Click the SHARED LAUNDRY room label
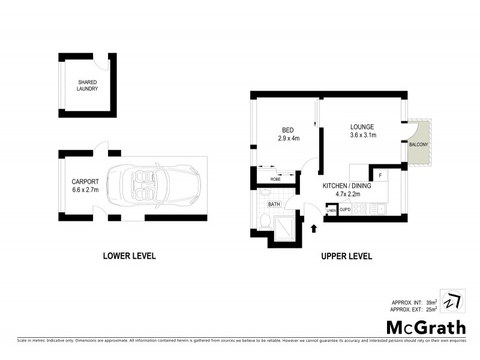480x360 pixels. click(x=88, y=85)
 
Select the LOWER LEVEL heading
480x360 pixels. click(x=129, y=256)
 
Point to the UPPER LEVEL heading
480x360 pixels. click(x=346, y=256)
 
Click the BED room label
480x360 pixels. click(x=287, y=130)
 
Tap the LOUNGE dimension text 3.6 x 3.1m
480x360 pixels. click(x=363, y=135)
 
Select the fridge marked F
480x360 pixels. click(x=379, y=175)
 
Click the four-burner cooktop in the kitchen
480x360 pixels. click(x=359, y=209)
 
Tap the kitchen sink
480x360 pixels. click(x=380, y=209)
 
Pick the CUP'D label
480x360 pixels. click(x=345, y=209)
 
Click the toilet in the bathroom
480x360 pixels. click(x=265, y=223)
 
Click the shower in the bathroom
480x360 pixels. click(x=285, y=228)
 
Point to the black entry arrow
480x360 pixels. click(x=313, y=227)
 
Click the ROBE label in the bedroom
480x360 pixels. click(x=275, y=179)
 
